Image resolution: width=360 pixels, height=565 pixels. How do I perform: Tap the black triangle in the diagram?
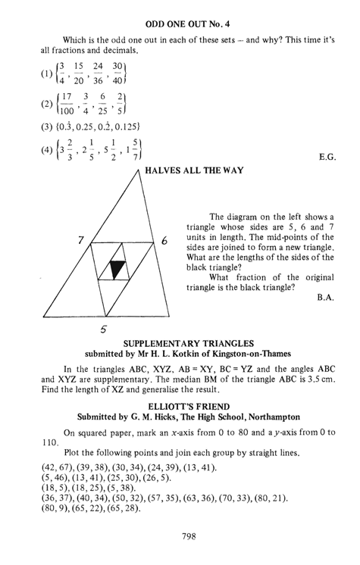(116, 269)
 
